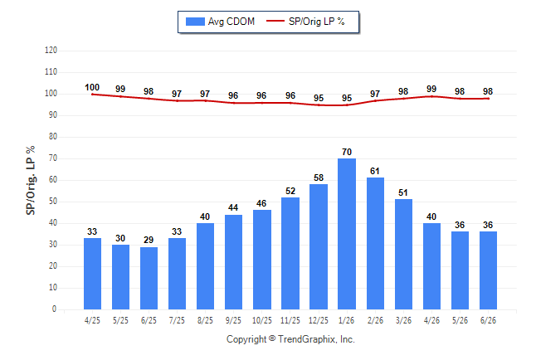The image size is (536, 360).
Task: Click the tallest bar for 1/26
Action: coord(347,234)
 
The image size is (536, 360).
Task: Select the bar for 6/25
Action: coord(149,278)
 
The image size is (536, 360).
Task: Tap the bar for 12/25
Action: coord(319,247)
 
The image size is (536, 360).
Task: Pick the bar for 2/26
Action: coord(375,243)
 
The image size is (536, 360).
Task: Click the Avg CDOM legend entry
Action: coord(220,22)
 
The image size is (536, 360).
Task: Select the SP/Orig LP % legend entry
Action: coord(305,22)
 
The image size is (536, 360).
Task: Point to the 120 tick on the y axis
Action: coord(51,51)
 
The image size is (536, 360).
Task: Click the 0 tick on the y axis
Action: coord(54,309)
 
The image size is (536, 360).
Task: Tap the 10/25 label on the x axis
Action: coord(262,320)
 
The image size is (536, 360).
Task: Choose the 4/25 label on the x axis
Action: coord(92,320)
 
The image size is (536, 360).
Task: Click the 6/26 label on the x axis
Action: coord(488,320)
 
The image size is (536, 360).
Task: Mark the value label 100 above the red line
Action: coord(92,88)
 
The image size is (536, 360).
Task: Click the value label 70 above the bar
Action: coord(347,152)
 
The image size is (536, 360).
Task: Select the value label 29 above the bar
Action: coord(149,240)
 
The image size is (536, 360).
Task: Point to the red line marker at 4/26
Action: coord(431,96)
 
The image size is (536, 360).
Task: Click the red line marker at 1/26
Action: coord(347,105)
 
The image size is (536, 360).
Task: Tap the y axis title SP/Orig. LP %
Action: coord(31,180)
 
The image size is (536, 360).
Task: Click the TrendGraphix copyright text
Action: coord(290,339)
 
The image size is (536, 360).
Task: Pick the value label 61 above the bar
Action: coord(375,171)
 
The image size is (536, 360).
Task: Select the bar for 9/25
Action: coord(233,262)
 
